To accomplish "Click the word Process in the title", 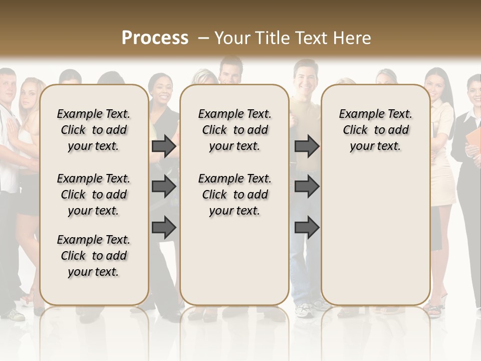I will point(155,38).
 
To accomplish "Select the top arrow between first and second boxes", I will point(164,146).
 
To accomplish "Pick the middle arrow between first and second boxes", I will point(164,187).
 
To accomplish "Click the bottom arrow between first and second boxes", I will point(164,228).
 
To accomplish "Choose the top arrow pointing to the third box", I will point(307,146).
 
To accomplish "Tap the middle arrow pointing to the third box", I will point(307,187).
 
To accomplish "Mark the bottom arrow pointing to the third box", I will point(307,228).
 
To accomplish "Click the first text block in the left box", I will point(94,130).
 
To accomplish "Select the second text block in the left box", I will point(94,195).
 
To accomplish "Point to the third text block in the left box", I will point(94,256).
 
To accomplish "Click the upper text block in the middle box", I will point(235,130).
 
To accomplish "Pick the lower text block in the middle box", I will point(235,195).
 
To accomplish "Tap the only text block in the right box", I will point(376,130).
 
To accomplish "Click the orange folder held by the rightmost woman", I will point(472,141).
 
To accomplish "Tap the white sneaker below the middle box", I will point(304,311).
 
